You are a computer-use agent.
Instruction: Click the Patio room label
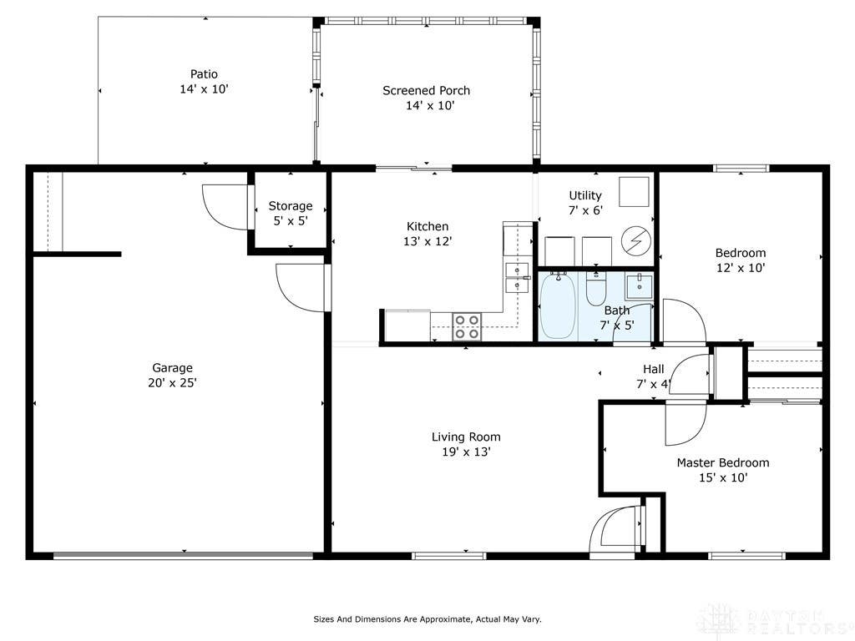[204, 74]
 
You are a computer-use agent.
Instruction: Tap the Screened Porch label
[427, 90]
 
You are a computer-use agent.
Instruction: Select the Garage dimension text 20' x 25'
[172, 383]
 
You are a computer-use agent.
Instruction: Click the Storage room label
[291, 206]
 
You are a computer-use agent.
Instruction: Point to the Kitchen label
[427, 226]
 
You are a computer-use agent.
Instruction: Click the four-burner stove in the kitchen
[468, 326]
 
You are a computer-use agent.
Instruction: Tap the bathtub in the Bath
[558, 305]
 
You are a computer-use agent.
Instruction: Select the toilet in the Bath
[596, 289]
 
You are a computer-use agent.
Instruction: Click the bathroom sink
[639, 287]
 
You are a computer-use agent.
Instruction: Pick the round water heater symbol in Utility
[636, 240]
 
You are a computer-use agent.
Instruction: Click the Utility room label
[585, 195]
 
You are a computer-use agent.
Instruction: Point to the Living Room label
[466, 437]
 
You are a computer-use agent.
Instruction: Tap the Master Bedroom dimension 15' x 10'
[723, 478]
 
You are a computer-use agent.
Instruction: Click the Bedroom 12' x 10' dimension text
[741, 268]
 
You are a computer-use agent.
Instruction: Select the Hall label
[653, 369]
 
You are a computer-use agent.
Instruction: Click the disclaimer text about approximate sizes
[427, 619]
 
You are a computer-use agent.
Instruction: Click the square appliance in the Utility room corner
[634, 192]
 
